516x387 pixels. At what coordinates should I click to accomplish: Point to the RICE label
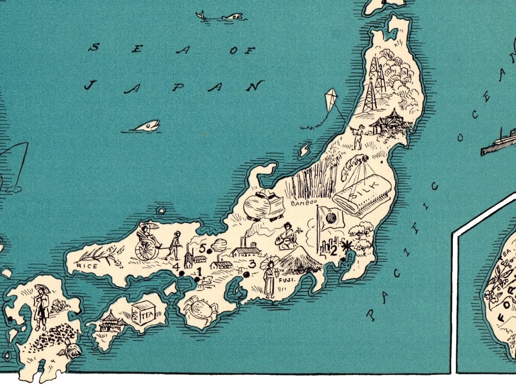[x=86, y=266]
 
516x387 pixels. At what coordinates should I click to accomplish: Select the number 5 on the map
[x=202, y=249]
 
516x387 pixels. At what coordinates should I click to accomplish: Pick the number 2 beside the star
[x=333, y=251]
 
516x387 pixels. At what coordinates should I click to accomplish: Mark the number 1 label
[x=199, y=271]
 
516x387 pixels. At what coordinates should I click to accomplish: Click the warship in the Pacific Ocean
[x=499, y=143]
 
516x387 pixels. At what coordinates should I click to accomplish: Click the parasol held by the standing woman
[x=269, y=261]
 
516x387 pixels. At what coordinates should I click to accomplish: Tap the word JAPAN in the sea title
[x=174, y=87]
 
